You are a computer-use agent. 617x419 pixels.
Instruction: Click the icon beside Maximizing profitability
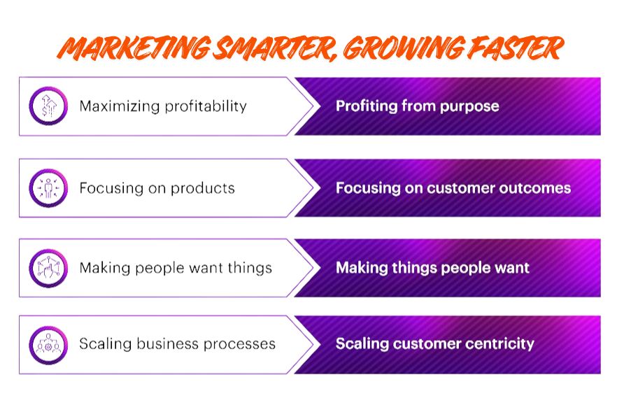pyautogui.click(x=48, y=106)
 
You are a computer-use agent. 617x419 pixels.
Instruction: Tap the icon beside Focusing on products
pyautogui.click(x=48, y=188)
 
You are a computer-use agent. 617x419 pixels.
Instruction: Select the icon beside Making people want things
pyautogui.click(x=48, y=268)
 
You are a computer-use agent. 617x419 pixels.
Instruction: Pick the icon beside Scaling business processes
pyautogui.click(x=48, y=344)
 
